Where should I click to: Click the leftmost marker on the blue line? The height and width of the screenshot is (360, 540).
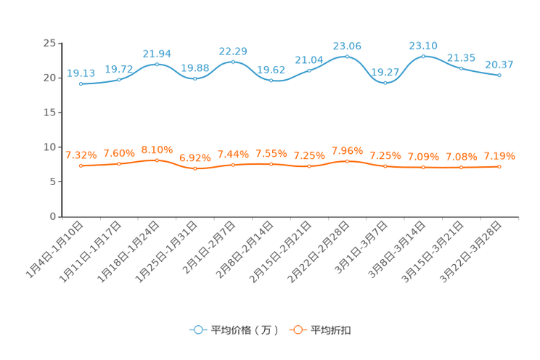(x=81, y=83)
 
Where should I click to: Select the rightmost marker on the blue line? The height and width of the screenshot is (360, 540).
(x=499, y=75)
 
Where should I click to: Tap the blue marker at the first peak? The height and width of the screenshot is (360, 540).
(x=157, y=65)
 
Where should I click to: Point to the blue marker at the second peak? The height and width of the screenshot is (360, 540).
(x=233, y=62)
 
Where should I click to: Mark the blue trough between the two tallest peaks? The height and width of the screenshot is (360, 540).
(x=385, y=82)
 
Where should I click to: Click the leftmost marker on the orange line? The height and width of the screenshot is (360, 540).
(x=81, y=165)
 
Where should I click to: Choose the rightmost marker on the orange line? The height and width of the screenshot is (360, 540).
(x=499, y=166)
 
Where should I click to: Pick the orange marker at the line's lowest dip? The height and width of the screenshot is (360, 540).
(x=195, y=168)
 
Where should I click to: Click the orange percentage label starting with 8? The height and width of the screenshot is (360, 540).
(x=157, y=149)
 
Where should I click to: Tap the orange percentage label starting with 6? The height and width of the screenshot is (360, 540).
(x=195, y=157)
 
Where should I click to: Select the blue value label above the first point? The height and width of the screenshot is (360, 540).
(x=81, y=72)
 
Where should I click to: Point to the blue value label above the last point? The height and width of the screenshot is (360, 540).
(x=499, y=65)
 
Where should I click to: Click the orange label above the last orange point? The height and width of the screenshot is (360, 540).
(x=499, y=155)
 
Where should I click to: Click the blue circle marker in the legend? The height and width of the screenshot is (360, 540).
(x=197, y=330)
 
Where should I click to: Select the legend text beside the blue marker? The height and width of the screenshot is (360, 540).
(x=244, y=330)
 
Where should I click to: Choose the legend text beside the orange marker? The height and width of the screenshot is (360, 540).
(x=332, y=330)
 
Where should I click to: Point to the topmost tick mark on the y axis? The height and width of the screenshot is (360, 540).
(x=59, y=43)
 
